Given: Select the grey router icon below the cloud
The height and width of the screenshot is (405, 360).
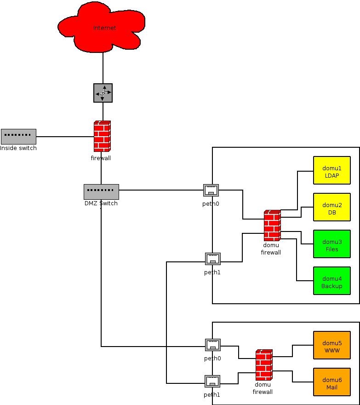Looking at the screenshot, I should point(103,93).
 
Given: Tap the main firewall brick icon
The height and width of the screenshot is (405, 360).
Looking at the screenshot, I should point(102,136).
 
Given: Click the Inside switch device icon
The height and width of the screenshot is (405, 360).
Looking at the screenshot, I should point(18,136).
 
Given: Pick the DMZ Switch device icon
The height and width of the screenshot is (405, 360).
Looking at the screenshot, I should point(101,191).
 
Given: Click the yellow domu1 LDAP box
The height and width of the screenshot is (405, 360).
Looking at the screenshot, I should point(331,170).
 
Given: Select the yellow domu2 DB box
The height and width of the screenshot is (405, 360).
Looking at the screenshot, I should point(331,207).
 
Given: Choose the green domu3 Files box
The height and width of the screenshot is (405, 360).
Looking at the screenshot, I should point(331,244).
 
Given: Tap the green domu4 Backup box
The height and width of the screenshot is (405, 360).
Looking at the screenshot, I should point(331,281).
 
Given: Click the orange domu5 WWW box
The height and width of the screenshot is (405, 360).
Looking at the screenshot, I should point(331,345).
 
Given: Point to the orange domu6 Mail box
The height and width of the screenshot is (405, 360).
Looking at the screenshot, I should point(331,382).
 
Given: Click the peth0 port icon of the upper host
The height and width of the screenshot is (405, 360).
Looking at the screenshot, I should point(211,190).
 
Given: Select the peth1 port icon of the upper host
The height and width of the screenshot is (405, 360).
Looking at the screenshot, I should point(213,259).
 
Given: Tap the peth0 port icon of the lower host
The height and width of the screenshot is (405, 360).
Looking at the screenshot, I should point(213,345).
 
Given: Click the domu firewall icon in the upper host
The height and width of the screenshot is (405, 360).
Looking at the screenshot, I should point(272,226).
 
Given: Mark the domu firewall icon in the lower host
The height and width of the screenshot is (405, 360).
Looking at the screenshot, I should point(264,365).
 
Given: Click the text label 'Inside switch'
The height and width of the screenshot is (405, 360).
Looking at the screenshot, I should point(18,148).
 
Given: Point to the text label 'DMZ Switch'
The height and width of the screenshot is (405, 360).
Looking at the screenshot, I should point(101,203).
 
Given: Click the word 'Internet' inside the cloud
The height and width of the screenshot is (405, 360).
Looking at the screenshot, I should point(104,28).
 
